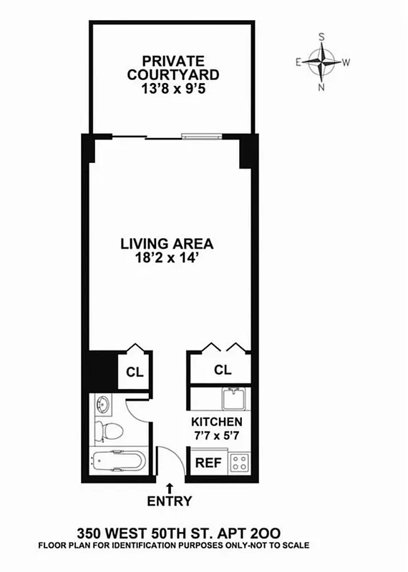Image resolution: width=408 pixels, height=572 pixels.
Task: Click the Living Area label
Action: [x=166, y=243]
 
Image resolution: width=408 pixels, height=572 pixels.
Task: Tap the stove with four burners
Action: [x=239, y=462]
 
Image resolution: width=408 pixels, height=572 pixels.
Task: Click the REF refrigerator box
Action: [x=208, y=463]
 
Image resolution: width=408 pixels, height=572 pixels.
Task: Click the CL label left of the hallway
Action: [x=134, y=373]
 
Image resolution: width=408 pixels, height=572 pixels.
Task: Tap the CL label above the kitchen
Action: [x=223, y=370]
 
